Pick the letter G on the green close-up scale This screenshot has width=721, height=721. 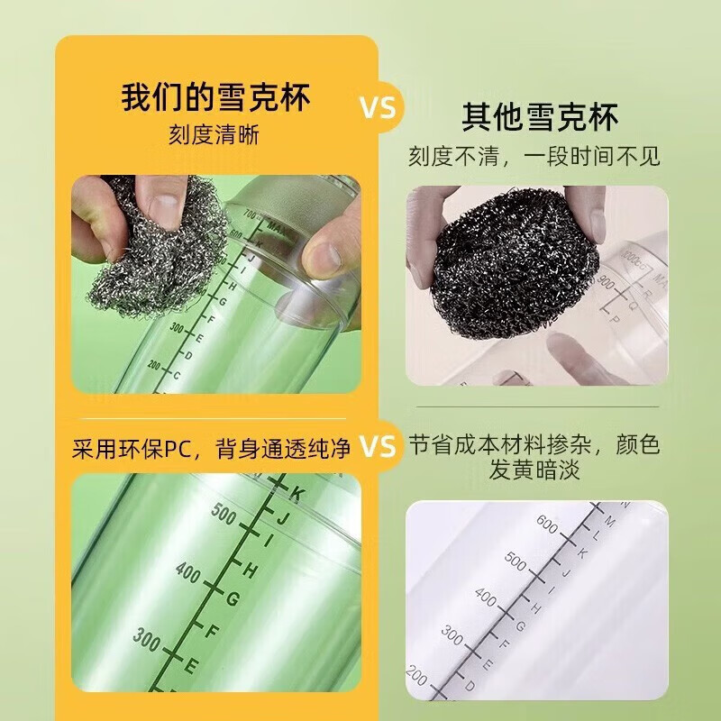click(232, 598)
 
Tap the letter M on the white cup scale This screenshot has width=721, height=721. click(610, 520)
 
